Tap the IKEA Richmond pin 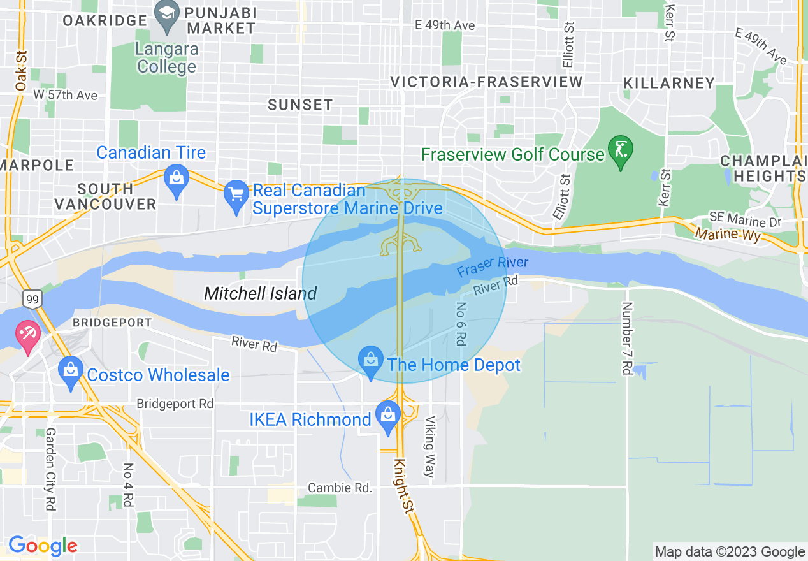[387, 416]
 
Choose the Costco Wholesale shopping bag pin [71, 372]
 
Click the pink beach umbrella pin [28, 335]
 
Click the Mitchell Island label [260, 293]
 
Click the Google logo [43, 546]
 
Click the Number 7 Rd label [627, 338]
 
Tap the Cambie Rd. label [340, 488]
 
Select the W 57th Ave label [65, 95]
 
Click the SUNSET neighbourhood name [300, 105]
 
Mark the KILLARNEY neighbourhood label [669, 83]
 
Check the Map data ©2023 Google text [730, 551]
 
